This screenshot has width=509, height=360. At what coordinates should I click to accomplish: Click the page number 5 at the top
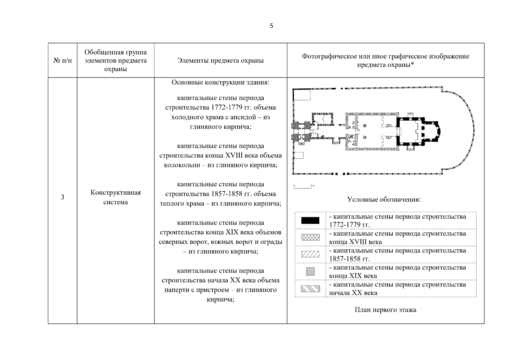[271, 26]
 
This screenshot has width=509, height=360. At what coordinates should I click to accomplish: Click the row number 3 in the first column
[62, 197]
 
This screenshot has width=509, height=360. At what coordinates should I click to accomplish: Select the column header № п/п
[63, 61]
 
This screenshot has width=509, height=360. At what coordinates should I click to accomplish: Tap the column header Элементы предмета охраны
[220, 61]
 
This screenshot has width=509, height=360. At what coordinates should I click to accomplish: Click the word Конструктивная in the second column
[115, 193]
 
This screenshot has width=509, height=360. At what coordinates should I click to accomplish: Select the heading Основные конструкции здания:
[220, 82]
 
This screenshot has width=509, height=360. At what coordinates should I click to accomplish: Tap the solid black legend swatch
[310, 221]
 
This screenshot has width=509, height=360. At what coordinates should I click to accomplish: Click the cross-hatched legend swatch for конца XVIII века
[310, 238]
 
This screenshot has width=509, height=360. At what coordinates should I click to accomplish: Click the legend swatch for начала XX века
[310, 289]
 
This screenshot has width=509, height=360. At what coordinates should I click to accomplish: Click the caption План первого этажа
[385, 310]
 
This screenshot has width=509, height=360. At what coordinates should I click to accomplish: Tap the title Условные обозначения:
[384, 200]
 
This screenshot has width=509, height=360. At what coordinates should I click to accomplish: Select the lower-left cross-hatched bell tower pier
[295, 137]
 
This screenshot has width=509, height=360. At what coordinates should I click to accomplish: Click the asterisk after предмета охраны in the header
[412, 65]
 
